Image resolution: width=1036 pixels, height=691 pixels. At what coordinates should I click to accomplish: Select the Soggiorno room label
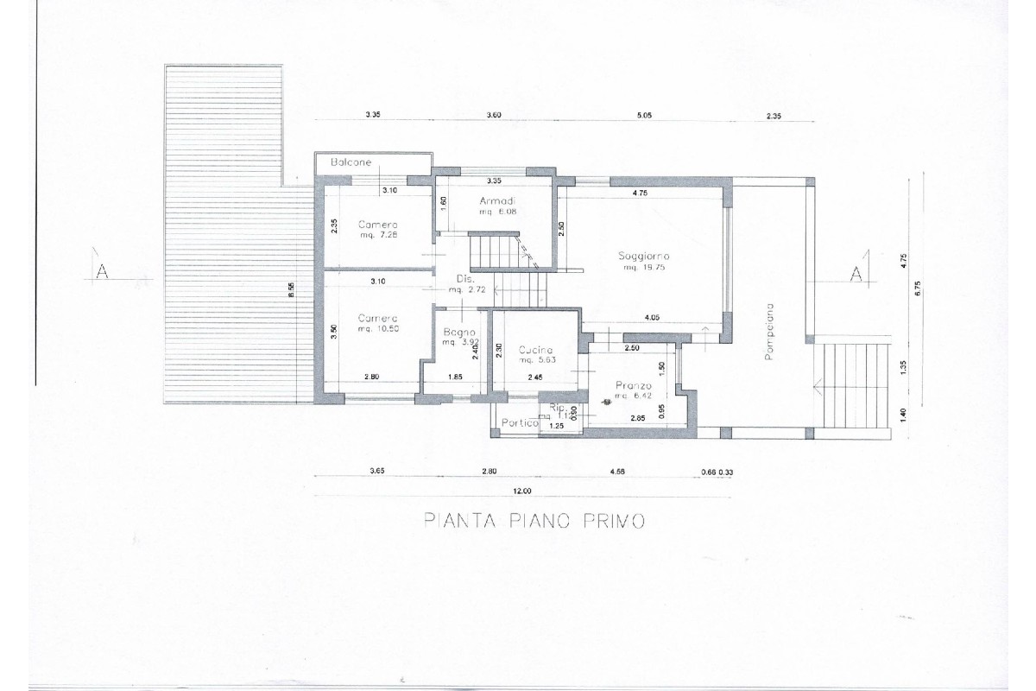click(644, 257)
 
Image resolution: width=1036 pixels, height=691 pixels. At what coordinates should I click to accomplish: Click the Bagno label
click(455, 333)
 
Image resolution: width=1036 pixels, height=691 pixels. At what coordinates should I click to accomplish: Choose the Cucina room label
click(535, 350)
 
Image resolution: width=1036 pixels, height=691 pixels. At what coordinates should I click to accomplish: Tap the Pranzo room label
click(632, 385)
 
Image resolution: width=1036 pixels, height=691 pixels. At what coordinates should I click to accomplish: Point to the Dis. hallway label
click(464, 279)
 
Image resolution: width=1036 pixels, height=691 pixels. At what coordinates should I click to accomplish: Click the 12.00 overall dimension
click(521, 491)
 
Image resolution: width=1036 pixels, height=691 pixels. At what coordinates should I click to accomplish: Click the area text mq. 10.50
click(378, 329)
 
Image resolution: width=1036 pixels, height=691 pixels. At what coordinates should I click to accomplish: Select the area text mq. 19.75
click(644, 268)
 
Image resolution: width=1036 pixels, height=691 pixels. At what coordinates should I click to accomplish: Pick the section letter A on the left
click(101, 272)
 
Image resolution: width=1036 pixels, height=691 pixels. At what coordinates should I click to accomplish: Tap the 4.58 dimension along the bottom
click(617, 472)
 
